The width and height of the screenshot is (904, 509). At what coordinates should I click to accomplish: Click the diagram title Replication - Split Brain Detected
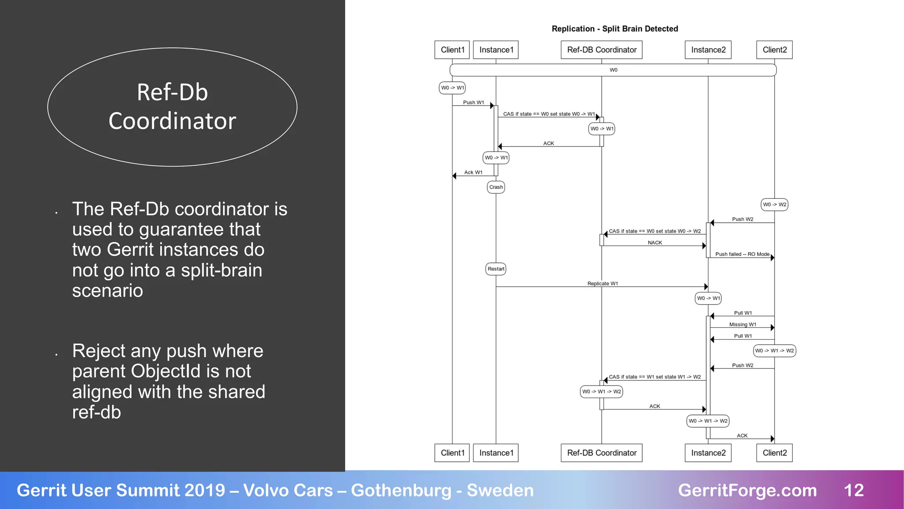pos(614,29)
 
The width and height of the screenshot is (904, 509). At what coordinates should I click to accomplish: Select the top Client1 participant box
pos(452,50)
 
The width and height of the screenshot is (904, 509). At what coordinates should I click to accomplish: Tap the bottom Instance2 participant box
pos(708,453)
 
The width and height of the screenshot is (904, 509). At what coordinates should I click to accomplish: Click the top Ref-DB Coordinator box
pos(601,50)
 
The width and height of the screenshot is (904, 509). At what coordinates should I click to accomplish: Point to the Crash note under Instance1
pos(496,187)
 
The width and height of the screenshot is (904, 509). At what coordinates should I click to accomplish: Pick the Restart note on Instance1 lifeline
pos(496,269)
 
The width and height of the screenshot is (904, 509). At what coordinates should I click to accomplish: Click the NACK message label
pos(655,243)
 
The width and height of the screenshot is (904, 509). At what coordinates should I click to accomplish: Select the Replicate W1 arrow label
pos(603,284)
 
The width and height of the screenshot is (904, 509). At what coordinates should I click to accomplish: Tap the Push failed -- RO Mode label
pos(742,254)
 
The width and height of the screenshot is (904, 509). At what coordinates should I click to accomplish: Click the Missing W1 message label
pos(742,324)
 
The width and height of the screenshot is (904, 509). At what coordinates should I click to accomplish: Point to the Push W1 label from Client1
pos(473,103)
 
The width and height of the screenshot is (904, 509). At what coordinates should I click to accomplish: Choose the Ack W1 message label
pos(473,172)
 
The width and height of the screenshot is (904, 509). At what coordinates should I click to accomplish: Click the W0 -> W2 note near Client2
pos(774,205)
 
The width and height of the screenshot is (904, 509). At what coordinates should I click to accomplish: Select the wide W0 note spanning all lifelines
pos(613,70)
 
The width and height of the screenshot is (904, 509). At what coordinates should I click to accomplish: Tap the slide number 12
pos(853,490)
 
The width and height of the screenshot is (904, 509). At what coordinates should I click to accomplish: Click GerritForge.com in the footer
pos(747,490)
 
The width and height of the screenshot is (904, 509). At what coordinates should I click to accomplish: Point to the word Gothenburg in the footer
pos(401,490)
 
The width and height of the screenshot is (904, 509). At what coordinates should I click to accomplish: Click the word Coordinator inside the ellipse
pos(172,121)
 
